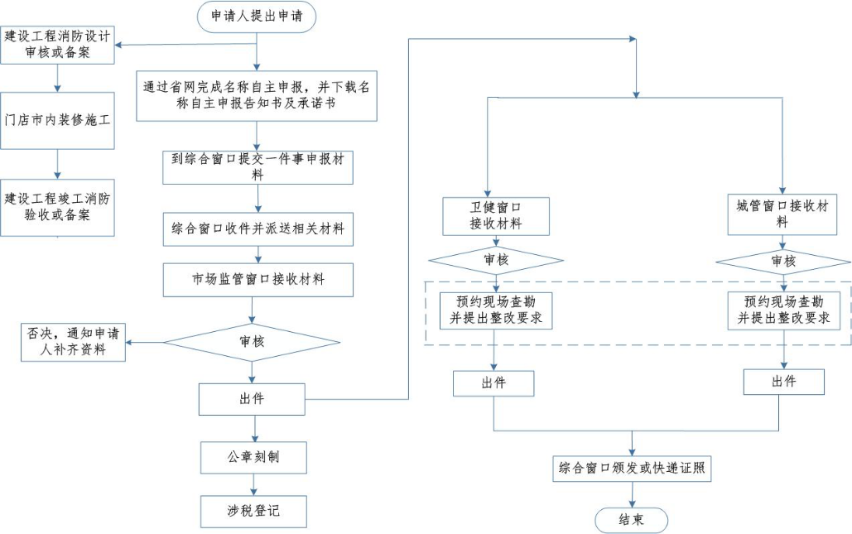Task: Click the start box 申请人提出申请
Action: point(258,17)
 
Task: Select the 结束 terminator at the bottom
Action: point(631,519)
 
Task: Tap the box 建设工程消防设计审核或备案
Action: point(57,44)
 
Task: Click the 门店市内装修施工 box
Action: point(57,120)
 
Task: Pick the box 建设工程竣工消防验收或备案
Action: point(57,207)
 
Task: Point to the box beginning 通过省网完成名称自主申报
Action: point(258,97)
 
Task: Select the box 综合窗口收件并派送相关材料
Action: point(258,229)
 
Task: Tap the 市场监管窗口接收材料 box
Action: point(258,280)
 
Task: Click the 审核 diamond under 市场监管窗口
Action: point(253,341)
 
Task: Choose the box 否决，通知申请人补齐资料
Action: point(74,341)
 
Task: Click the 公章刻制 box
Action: point(253,457)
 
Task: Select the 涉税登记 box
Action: point(253,511)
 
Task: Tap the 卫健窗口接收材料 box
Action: point(495,214)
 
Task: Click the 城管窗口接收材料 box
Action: point(782,214)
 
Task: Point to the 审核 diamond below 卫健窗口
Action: point(495,261)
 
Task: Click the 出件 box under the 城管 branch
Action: point(783,382)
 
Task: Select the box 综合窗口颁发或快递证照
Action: point(631,468)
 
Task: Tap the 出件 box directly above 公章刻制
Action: point(253,399)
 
